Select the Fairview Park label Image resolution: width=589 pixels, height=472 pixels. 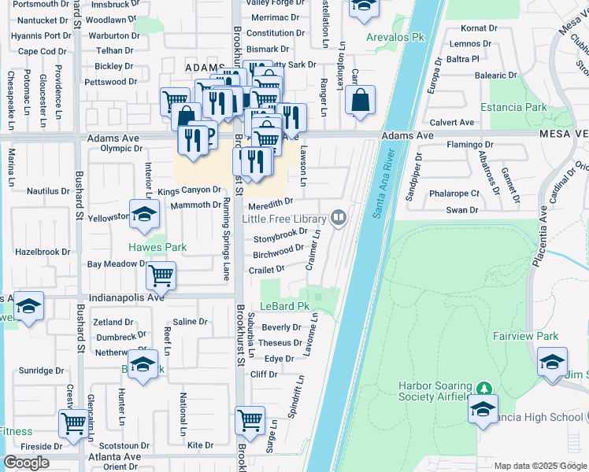(525, 336)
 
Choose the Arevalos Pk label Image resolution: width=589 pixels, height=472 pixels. (391, 37)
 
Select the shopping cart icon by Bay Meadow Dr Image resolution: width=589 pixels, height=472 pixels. (161, 275)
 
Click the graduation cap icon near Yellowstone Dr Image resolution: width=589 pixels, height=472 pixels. (144, 216)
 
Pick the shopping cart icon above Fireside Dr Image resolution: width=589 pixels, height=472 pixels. (73, 423)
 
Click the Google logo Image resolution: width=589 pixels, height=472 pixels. (27, 463)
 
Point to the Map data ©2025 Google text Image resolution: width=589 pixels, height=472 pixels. (539, 466)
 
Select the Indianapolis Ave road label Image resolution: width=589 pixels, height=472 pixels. (127, 297)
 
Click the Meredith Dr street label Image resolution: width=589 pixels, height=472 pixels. (272, 202)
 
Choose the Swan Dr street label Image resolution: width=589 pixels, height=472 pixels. (462, 210)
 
